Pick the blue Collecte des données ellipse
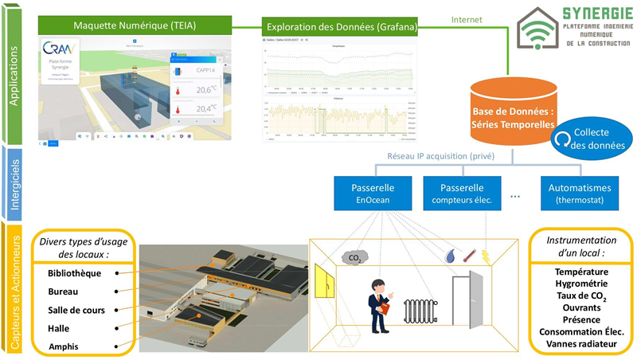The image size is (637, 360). [x=587, y=139]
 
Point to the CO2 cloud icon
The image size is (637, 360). [x=351, y=257]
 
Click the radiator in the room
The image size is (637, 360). [x=419, y=312]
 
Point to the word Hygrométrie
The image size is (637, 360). [x=578, y=284]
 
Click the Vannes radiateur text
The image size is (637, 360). [x=578, y=343]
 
